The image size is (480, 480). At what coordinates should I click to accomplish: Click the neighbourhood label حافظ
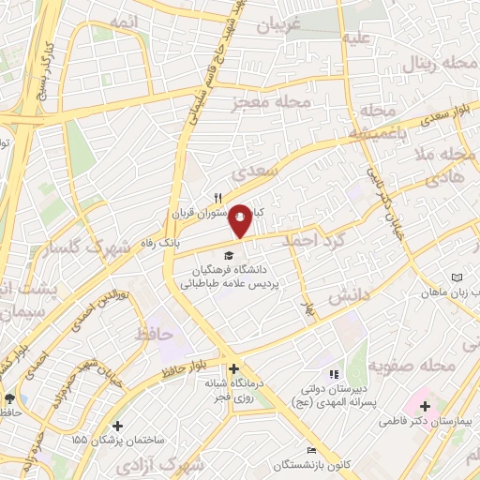click(x=155, y=333)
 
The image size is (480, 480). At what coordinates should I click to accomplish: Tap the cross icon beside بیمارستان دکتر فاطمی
click(x=426, y=406)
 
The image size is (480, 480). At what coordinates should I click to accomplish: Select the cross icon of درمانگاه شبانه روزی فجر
click(x=233, y=368)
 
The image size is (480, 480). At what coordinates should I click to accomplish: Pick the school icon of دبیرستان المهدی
click(x=335, y=375)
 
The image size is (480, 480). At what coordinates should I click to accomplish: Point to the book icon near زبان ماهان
click(x=457, y=278)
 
